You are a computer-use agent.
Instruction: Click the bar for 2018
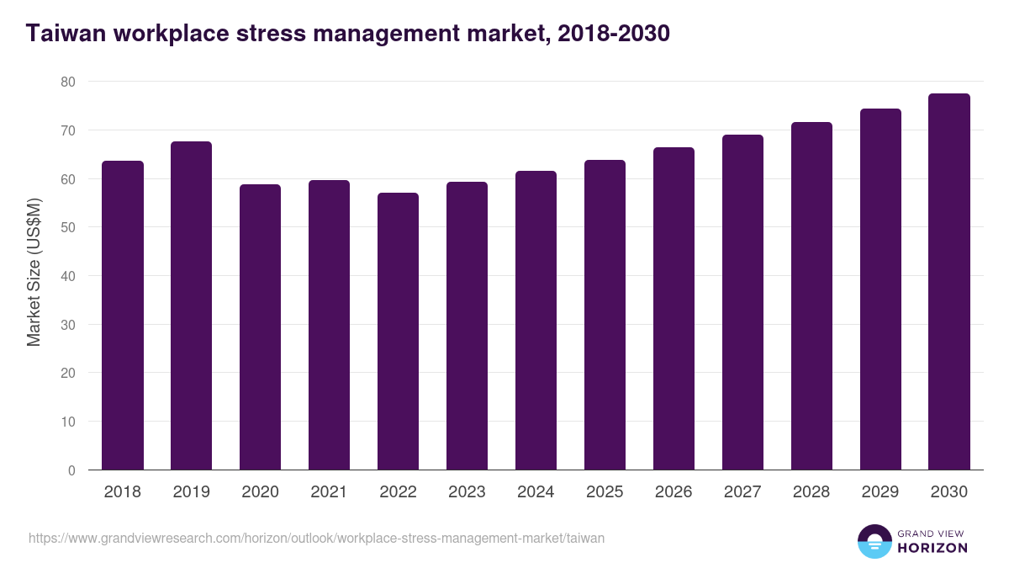(x=123, y=316)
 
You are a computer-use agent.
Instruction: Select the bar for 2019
(x=192, y=305)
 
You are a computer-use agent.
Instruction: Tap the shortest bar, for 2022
(x=398, y=332)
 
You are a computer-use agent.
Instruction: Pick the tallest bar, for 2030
(x=949, y=282)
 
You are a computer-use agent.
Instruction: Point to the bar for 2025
(x=605, y=315)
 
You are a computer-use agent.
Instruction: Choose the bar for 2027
(x=742, y=302)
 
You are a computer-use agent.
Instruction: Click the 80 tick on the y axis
(x=67, y=82)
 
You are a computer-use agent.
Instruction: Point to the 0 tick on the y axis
(x=71, y=470)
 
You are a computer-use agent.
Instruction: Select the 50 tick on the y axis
(x=67, y=227)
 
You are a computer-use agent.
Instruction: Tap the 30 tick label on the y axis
(x=67, y=325)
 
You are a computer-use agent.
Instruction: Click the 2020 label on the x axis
(x=261, y=492)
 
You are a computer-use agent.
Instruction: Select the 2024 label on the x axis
(x=536, y=492)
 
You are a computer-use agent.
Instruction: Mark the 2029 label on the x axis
(x=880, y=492)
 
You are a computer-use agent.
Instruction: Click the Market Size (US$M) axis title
(x=34, y=271)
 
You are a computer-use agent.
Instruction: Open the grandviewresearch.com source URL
(x=316, y=539)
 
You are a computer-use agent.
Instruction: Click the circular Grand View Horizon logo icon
(x=874, y=541)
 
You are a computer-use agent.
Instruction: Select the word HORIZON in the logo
(x=932, y=548)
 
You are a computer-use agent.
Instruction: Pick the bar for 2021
(x=329, y=325)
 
